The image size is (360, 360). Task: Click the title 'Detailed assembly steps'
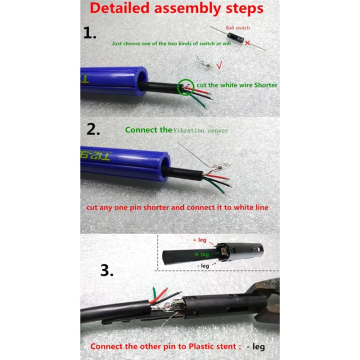click(x=176, y=8)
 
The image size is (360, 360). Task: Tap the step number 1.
click(x=90, y=33)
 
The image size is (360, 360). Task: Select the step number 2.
click(x=93, y=129)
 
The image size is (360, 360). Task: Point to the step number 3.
click(x=106, y=270)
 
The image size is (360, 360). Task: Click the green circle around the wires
click(x=186, y=86)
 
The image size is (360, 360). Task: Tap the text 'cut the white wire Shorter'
click(x=237, y=85)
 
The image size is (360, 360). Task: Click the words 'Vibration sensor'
click(x=200, y=130)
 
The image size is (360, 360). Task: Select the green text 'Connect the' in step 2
click(x=148, y=129)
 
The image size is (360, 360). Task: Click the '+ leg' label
click(x=199, y=240)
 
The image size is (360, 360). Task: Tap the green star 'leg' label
click(x=201, y=254)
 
